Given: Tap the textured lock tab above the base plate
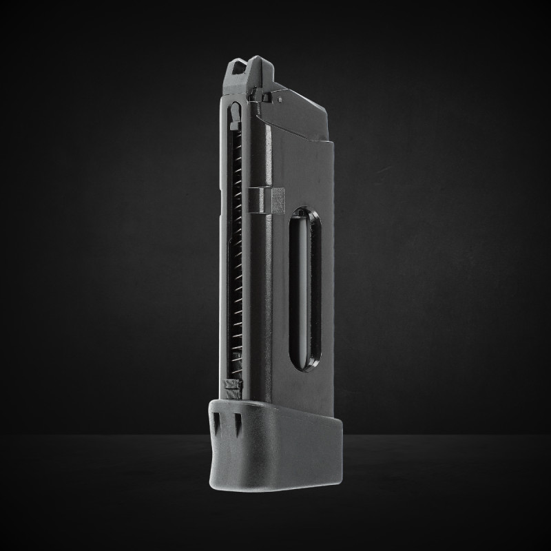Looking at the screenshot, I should click(x=233, y=387).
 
